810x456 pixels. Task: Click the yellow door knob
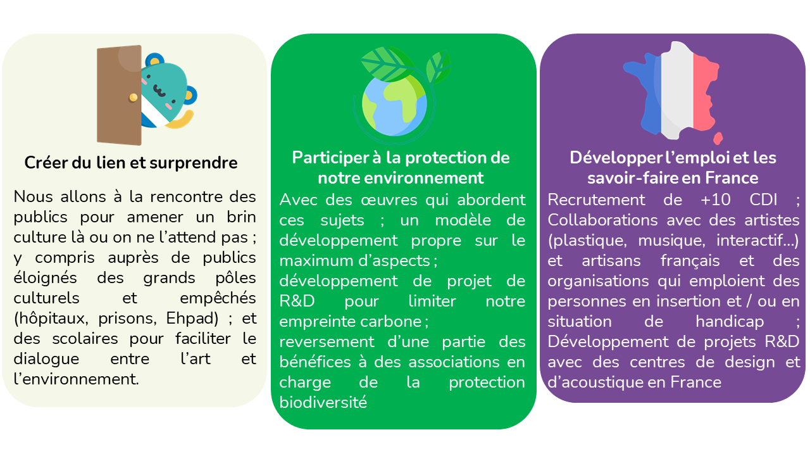(x=134, y=97)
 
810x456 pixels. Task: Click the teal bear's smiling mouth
(x=159, y=91)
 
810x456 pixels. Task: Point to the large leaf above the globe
(x=387, y=64)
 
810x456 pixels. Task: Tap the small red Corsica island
(x=718, y=138)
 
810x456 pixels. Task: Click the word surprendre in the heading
(x=194, y=163)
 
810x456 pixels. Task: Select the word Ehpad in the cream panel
(x=192, y=319)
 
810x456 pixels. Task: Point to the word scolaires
(x=85, y=339)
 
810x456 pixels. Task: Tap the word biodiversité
(x=323, y=402)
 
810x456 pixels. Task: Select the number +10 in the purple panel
(x=715, y=199)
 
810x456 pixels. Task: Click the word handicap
(x=730, y=321)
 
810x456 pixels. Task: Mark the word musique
(x=671, y=241)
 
